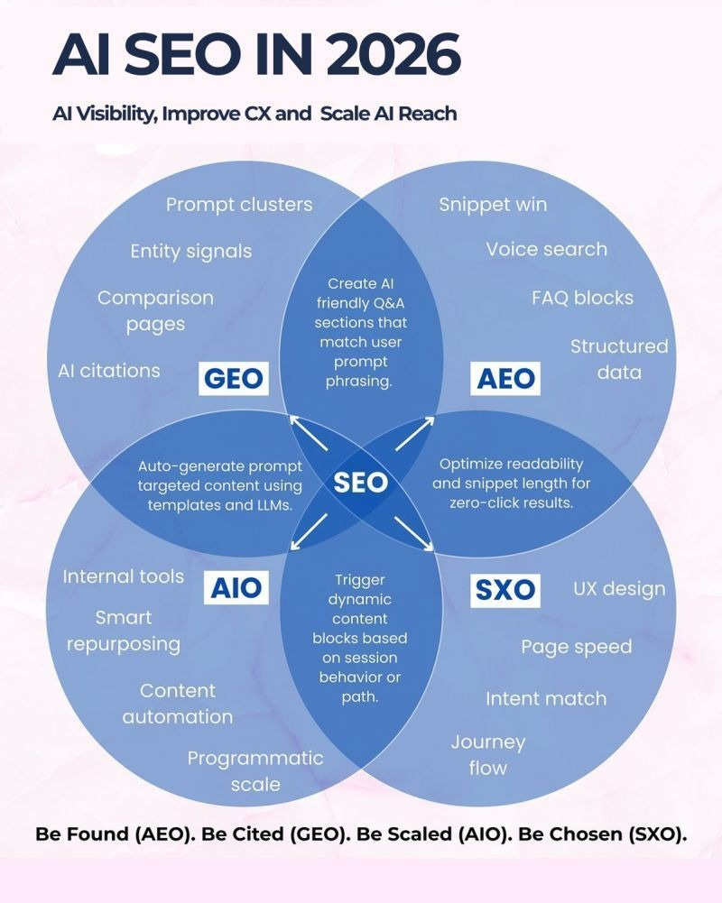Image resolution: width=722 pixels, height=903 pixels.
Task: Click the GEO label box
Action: pyautogui.click(x=234, y=378)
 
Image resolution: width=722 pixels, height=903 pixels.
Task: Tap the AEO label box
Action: pyautogui.click(x=506, y=378)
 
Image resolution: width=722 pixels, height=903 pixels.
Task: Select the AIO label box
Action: pyautogui.click(x=236, y=588)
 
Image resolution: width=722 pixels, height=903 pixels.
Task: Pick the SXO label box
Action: pyautogui.click(x=504, y=591)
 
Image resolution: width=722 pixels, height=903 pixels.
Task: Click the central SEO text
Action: pyautogui.click(x=360, y=482)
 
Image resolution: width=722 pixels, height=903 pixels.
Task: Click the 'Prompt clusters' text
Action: pyautogui.click(x=239, y=204)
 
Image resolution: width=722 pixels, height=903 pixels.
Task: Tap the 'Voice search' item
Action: pyautogui.click(x=546, y=249)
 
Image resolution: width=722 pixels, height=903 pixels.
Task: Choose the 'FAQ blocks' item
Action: pyautogui.click(x=582, y=298)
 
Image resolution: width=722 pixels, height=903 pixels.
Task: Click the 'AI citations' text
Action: pyautogui.click(x=108, y=370)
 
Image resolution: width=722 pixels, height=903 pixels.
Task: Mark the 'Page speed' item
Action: pyautogui.click(x=576, y=647)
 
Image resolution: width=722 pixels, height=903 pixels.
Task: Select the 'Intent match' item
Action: pyautogui.click(x=545, y=698)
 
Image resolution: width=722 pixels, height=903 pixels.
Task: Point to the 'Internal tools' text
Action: pyautogui.click(x=123, y=576)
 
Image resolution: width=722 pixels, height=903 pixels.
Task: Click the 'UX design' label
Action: pyautogui.click(x=619, y=589)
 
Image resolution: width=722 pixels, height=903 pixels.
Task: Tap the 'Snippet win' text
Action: pyautogui.click(x=493, y=204)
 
